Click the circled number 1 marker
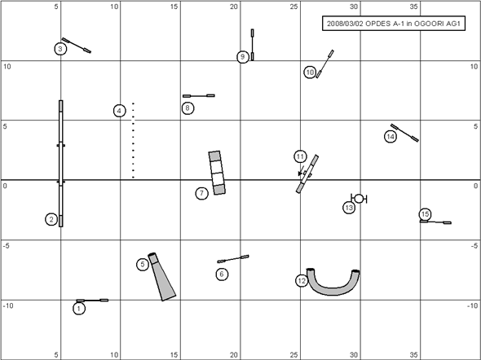(x=79, y=308)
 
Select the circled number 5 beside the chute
(x=143, y=264)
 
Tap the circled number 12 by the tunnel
(x=302, y=281)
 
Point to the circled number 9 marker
(x=243, y=57)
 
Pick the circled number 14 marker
(x=391, y=136)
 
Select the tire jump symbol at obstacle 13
(x=359, y=199)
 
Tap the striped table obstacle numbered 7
(x=217, y=173)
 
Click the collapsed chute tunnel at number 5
(x=162, y=277)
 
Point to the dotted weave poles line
(x=133, y=140)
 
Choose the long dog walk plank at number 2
(x=61, y=163)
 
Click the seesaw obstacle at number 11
(x=307, y=174)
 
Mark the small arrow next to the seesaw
(x=301, y=171)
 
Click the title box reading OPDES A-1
(x=394, y=24)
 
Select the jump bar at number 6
(x=233, y=259)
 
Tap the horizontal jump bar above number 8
(x=199, y=96)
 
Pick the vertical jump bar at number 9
(x=253, y=45)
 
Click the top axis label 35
(x=413, y=7)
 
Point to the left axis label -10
(x=8, y=305)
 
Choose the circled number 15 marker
(x=425, y=214)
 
